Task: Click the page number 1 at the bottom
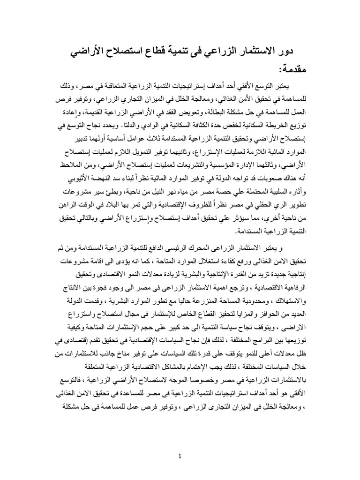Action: click(x=180, y=456)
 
